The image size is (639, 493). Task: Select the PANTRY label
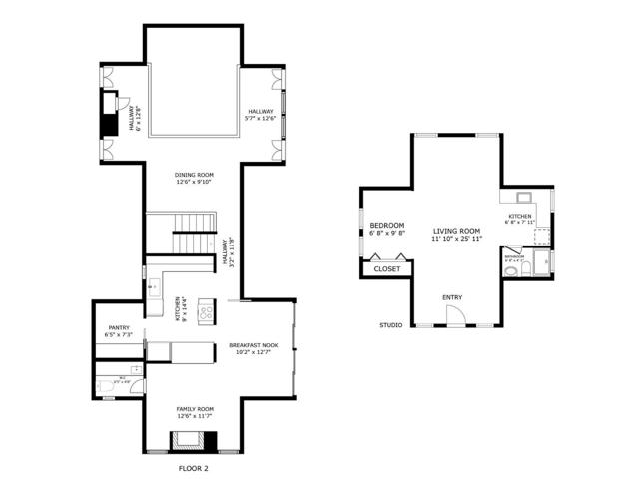point(119,327)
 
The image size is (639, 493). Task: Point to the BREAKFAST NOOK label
point(253,344)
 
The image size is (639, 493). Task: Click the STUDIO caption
point(390,325)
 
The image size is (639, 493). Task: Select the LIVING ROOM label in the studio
point(456,231)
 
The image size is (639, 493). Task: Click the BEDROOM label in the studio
point(386,227)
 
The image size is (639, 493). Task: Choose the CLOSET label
point(386,268)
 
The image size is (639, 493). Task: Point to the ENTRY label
point(452,297)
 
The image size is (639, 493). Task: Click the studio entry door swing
point(454,316)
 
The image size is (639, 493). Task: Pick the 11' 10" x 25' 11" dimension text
point(456,240)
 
